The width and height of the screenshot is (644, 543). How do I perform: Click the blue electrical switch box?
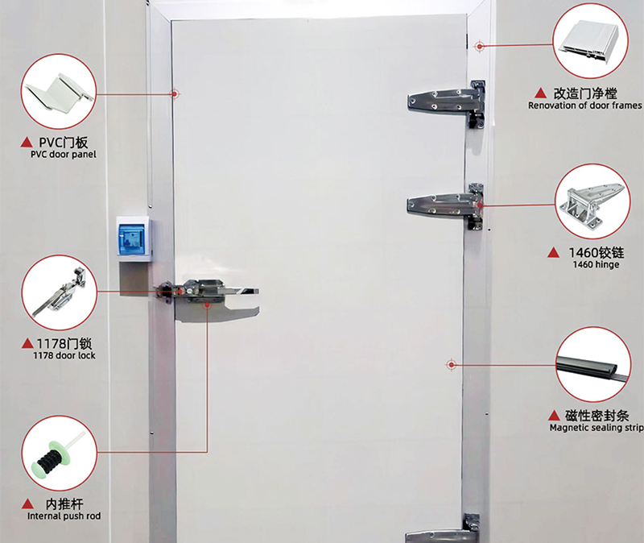point(134,238)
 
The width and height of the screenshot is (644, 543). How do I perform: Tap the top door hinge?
point(447,103)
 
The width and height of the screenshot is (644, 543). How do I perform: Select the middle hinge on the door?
point(446,205)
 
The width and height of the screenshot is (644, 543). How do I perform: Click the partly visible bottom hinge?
point(443,529)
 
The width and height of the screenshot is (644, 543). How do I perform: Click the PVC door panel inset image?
point(59,91)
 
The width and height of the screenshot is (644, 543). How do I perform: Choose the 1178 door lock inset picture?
point(60,292)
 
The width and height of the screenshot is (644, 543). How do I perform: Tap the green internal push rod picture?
point(60,453)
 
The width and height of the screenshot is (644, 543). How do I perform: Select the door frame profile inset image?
point(591,41)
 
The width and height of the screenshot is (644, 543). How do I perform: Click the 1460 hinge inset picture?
point(592,201)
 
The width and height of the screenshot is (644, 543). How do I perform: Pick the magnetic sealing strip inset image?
point(593,365)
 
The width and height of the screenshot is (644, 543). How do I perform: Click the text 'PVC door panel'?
point(64,155)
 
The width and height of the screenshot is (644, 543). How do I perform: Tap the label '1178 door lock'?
point(64,355)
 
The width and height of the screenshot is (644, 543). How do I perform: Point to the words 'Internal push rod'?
point(64,516)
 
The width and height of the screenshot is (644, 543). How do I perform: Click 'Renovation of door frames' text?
point(585,106)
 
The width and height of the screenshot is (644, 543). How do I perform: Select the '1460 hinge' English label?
point(596,265)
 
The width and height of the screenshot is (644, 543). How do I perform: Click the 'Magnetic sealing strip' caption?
point(597,428)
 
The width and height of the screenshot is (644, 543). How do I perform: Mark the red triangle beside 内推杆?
point(27,504)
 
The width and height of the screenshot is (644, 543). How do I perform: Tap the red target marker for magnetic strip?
point(452,365)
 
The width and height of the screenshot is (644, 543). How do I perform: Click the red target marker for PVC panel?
point(175,94)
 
